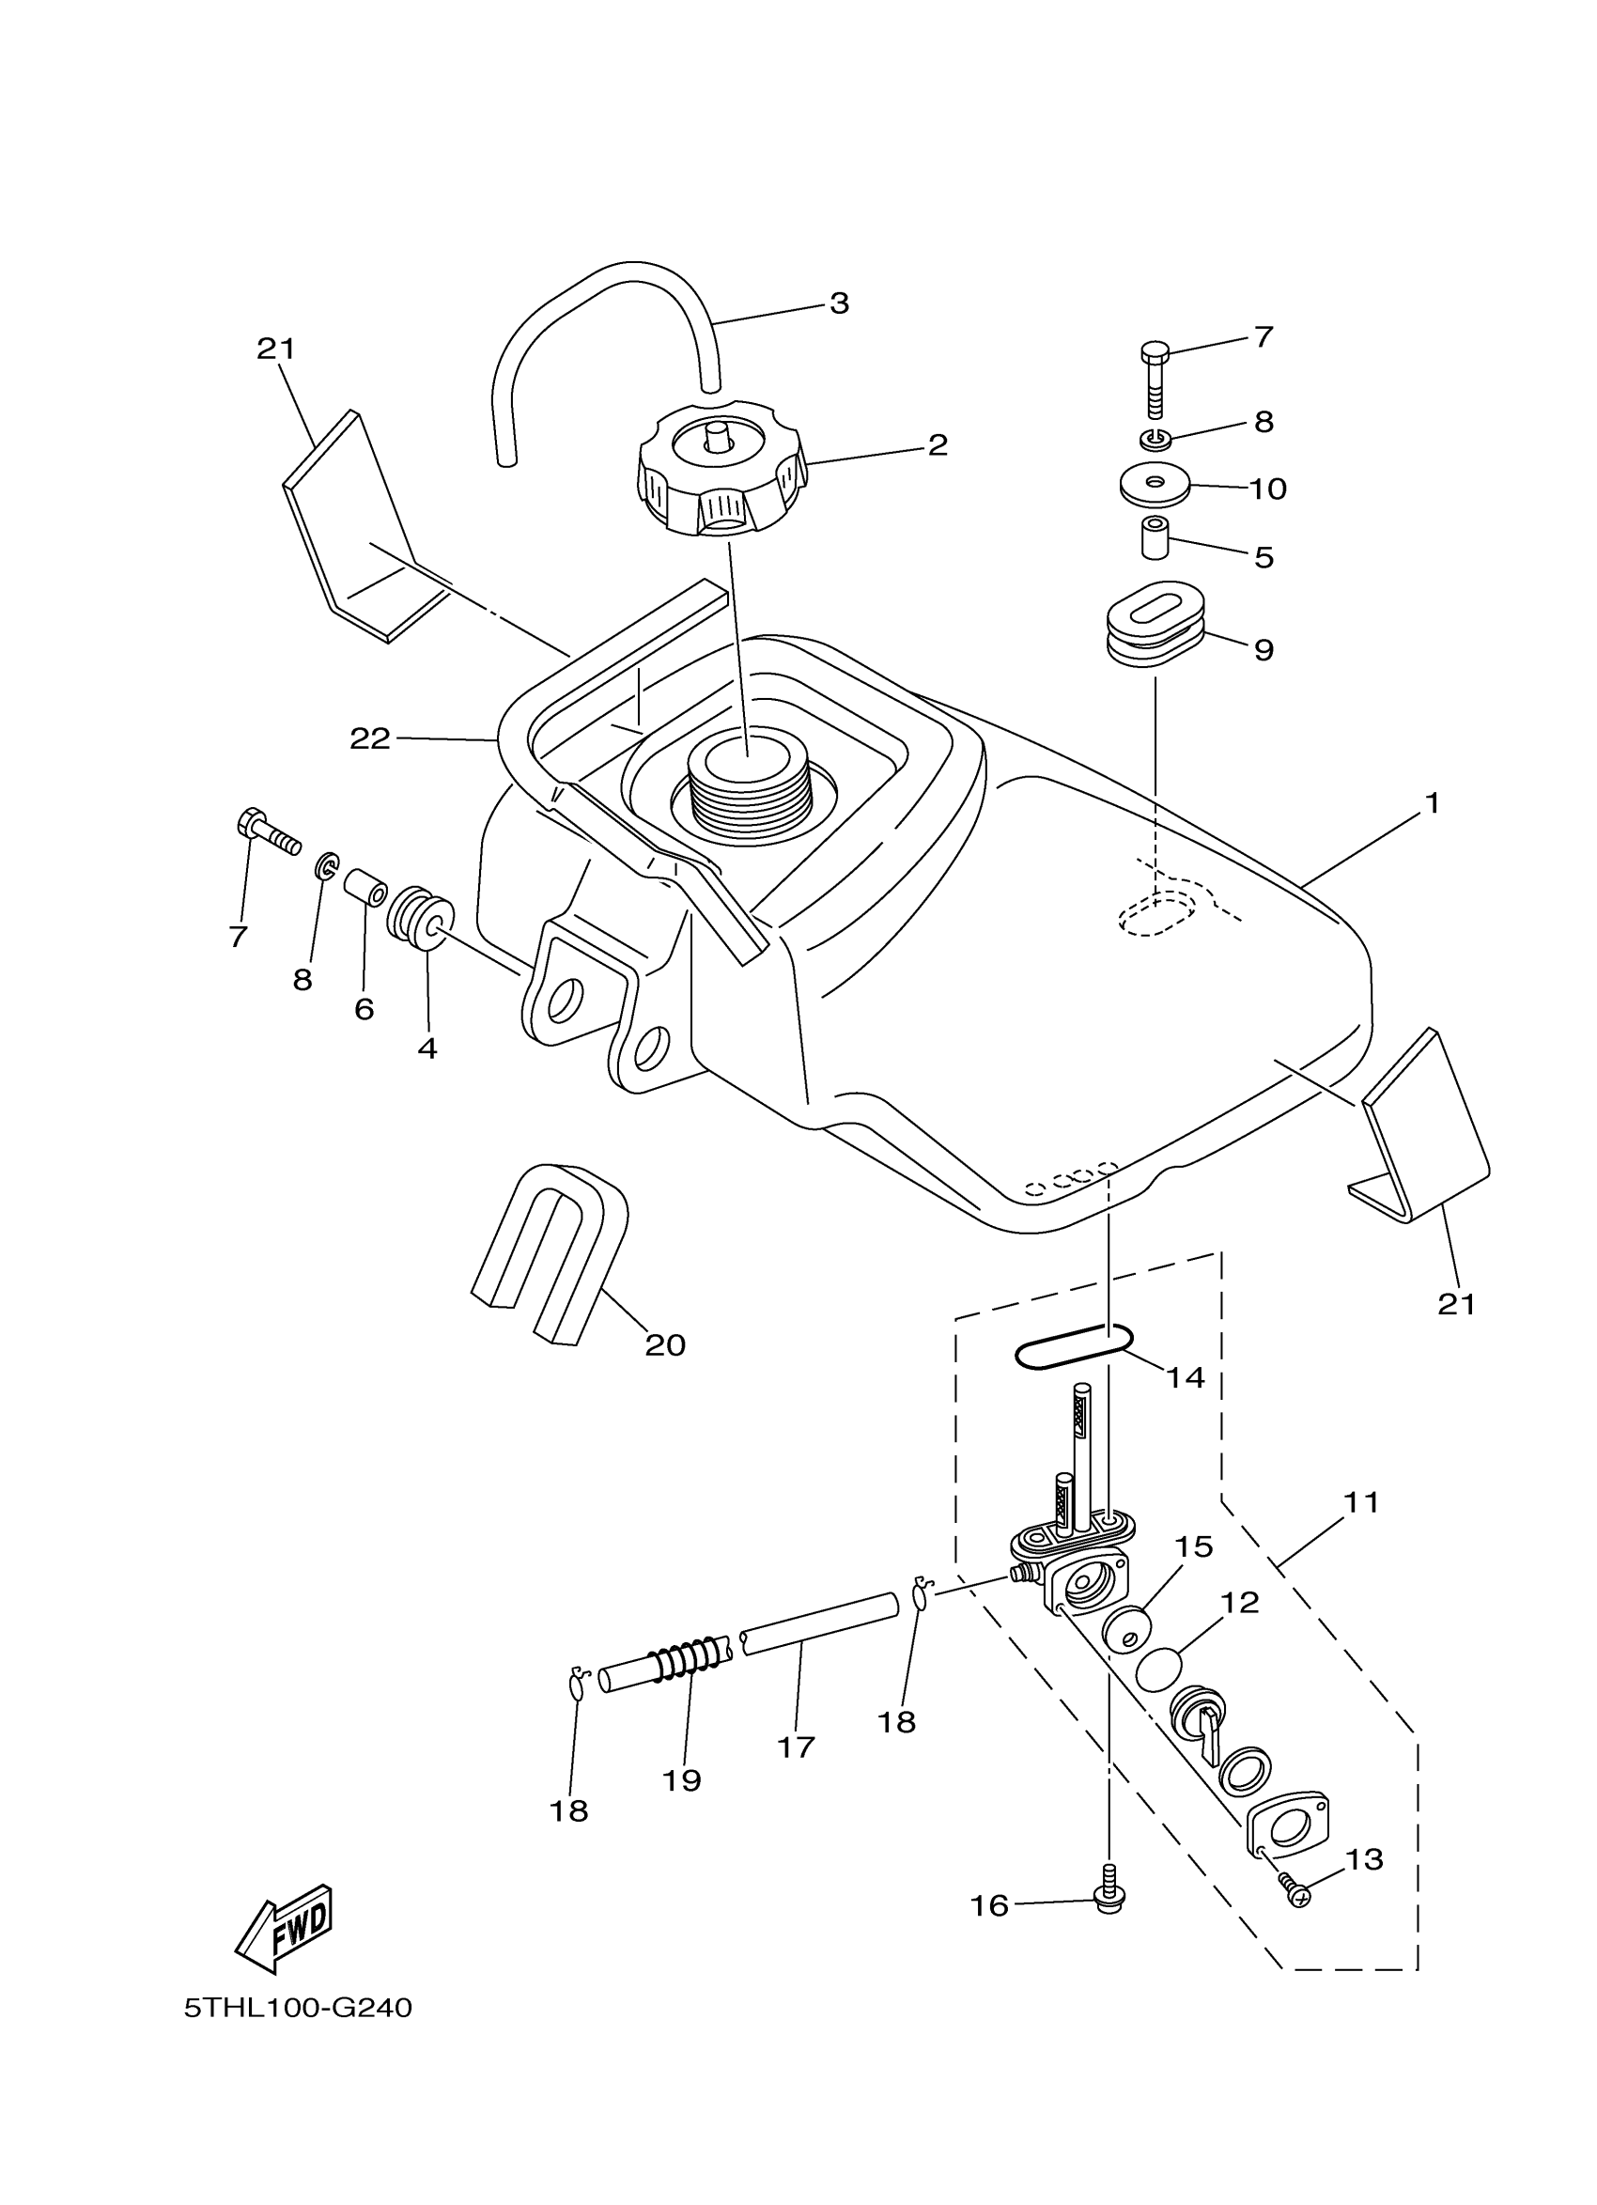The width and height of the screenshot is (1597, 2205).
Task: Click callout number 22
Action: [x=369, y=740]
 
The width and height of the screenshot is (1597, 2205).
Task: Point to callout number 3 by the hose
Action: [x=839, y=303]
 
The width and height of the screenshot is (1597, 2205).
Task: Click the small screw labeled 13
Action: [x=1294, y=1890]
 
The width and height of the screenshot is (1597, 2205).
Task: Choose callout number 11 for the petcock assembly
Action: [x=1361, y=1502]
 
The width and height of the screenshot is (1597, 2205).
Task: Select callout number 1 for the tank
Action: [x=1432, y=803]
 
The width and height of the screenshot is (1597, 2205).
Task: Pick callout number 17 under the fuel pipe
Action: [x=795, y=1747]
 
